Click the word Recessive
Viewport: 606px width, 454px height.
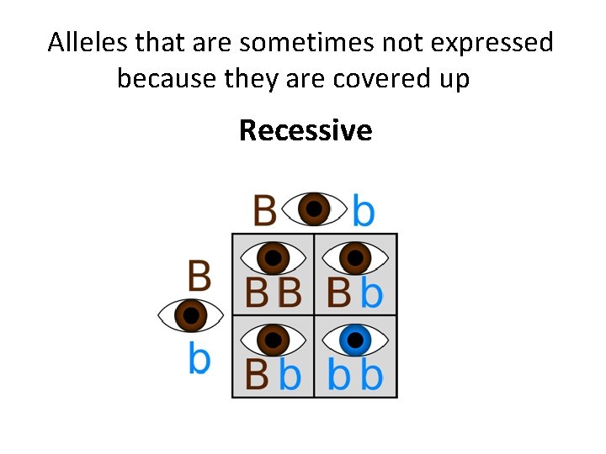coord(306,130)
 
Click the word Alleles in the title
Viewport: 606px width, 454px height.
coord(83,42)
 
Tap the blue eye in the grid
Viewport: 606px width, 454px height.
coord(355,340)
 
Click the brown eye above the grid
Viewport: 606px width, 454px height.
coord(314,209)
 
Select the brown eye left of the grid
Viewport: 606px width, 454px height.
coord(191,316)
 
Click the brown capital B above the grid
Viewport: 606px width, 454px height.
coord(264,210)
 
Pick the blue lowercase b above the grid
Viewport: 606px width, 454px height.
coord(363,210)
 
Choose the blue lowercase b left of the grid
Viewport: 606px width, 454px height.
coord(199,358)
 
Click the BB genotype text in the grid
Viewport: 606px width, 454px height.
coord(273,293)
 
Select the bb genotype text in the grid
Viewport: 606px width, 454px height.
coord(355,375)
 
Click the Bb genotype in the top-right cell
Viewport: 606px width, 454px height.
coord(355,293)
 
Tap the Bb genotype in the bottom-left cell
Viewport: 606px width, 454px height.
coord(273,375)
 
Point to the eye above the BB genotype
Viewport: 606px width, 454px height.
coord(273,257)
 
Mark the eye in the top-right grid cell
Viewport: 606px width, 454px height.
coord(355,257)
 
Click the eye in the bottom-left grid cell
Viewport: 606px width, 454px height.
coord(273,340)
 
